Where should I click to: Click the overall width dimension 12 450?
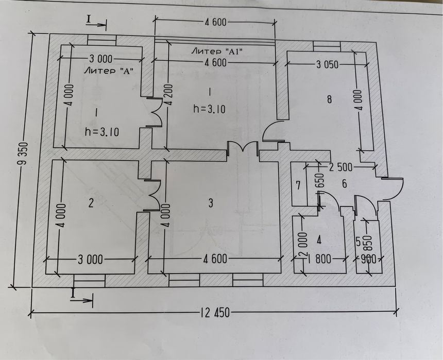(215, 313)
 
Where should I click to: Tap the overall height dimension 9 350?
(24, 153)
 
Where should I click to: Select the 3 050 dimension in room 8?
(327, 65)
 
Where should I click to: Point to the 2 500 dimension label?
(340, 167)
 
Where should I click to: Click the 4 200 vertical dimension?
(169, 95)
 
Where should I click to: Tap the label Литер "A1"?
(217, 52)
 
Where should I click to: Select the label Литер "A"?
(109, 71)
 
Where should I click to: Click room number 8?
(329, 99)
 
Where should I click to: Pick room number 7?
(298, 185)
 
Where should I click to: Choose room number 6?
(345, 184)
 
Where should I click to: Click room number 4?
(319, 240)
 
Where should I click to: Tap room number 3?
(211, 203)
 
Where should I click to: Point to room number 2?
(91, 203)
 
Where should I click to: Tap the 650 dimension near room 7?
(320, 182)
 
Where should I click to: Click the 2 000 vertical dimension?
(303, 244)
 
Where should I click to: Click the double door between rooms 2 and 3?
(154, 195)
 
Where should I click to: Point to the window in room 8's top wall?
(327, 47)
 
